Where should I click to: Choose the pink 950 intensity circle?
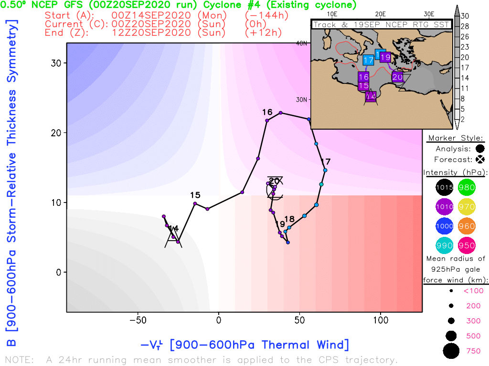point(467,245)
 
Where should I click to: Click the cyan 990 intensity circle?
point(445,245)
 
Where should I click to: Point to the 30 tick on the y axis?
point(57,63)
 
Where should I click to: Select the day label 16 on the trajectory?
point(267,112)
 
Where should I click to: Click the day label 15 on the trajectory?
point(195,195)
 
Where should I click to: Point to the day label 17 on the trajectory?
point(326,161)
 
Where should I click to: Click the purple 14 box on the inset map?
point(371,96)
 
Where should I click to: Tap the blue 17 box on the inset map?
point(368,60)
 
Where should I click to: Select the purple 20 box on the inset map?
point(397,77)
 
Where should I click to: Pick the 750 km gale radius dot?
point(450,351)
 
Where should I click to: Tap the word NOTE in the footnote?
point(19,359)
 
